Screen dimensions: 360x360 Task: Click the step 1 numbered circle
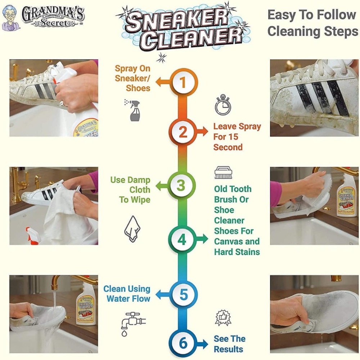(x=183, y=83)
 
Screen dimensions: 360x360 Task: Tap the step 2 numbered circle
(x=183, y=132)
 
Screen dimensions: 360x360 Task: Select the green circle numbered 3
(x=181, y=185)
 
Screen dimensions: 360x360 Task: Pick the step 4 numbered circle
(x=182, y=239)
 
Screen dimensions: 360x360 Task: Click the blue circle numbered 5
(x=184, y=294)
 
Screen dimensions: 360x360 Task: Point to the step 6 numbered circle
(x=183, y=343)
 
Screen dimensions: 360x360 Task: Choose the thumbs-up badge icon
(x=223, y=318)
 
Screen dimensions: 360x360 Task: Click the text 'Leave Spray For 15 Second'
(x=237, y=137)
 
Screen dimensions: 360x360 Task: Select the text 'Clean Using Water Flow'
(x=127, y=293)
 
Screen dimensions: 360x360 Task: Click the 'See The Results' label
(x=229, y=344)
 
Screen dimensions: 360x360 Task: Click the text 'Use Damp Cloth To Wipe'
(x=130, y=190)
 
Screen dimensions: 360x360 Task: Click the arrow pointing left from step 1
(x=162, y=82)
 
